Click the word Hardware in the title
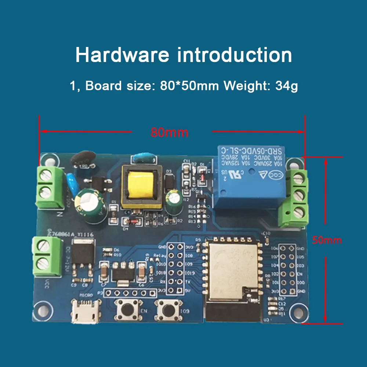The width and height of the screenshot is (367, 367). tap(122, 55)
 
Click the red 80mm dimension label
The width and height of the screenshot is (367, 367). tap(169, 132)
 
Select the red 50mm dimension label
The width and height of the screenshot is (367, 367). tap(327, 240)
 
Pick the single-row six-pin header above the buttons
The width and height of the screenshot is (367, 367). tap(129, 293)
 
